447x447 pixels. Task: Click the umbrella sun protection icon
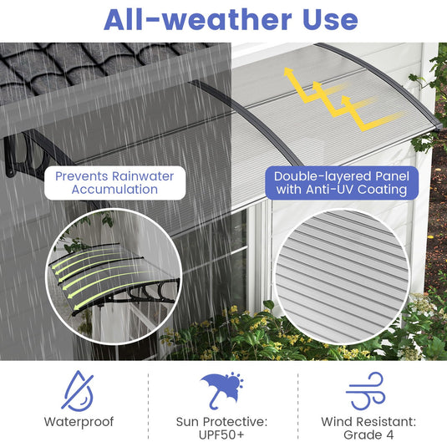(x=222, y=390)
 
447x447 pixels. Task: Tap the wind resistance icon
(x=364, y=390)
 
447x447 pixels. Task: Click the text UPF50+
(x=222, y=434)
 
